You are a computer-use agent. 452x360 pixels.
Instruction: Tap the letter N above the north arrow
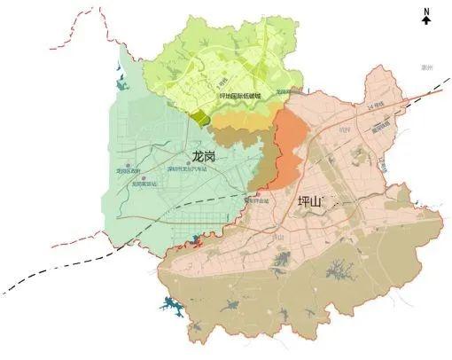point(426,11)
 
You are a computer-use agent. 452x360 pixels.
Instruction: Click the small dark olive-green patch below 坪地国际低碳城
point(202,118)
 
